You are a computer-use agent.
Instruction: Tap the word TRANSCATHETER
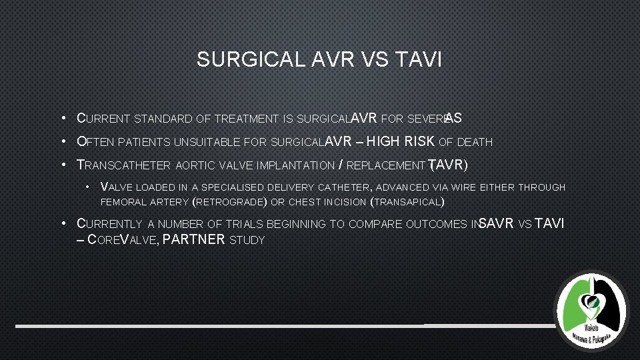123,165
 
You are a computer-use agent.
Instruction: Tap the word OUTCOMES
437,225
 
